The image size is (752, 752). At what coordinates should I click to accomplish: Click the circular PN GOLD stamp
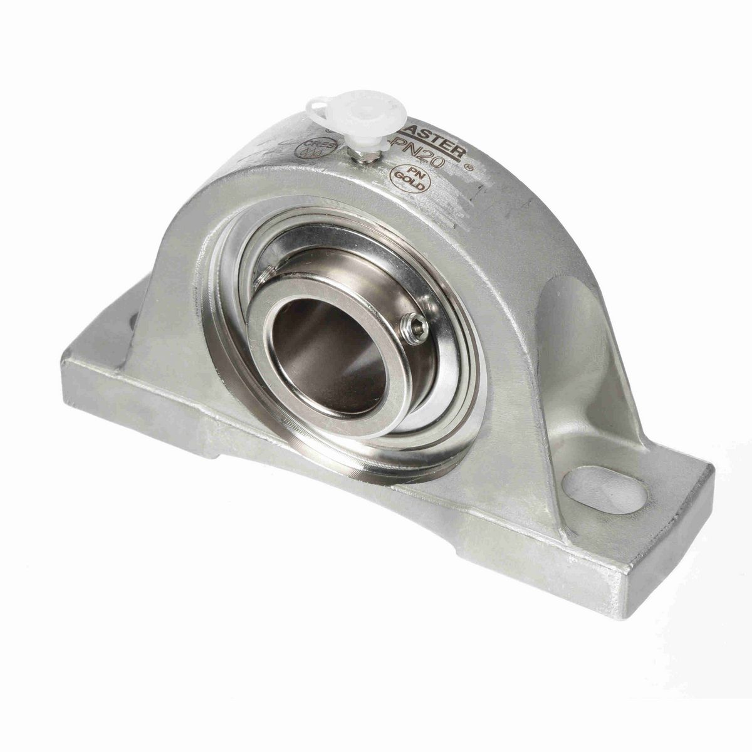[x=410, y=179]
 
